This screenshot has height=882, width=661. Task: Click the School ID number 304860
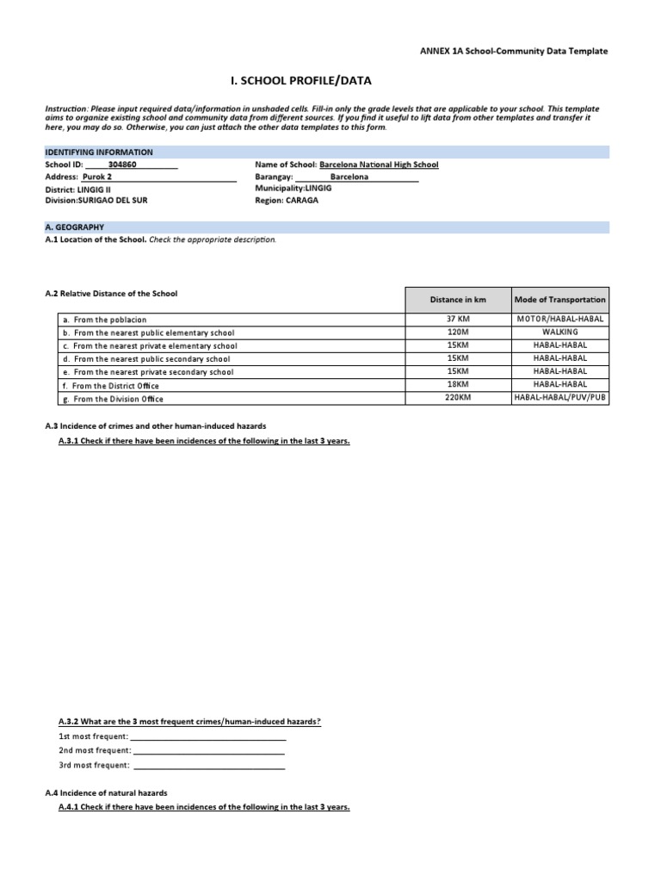122,164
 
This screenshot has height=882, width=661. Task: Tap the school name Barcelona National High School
379,164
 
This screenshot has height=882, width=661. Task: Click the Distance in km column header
459,300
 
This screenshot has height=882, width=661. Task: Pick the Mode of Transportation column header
559,300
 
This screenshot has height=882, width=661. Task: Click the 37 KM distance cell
459,319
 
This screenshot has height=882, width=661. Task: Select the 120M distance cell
459,332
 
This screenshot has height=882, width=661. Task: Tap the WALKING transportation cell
559,332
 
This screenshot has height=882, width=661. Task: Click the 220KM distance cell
459,399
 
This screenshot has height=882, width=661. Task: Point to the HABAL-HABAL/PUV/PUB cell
559,399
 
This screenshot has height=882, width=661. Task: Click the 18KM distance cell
459,386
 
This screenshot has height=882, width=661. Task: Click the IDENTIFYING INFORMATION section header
99,152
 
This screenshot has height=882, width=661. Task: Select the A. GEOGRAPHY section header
74,227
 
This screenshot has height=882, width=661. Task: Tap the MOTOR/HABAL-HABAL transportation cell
559,319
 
